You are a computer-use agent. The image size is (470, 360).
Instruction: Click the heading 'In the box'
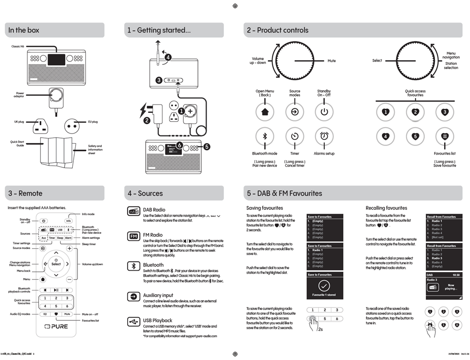24,30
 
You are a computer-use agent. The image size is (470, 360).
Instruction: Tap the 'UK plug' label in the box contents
19,122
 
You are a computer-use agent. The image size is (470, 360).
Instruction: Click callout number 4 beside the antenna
168,58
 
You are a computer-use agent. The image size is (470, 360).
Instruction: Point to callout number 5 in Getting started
207,146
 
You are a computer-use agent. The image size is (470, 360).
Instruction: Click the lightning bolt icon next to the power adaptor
144,110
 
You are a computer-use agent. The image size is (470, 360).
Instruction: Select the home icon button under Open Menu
264,111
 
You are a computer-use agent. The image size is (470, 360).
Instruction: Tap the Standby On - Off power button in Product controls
324,111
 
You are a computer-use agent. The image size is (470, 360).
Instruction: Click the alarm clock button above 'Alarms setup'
324,136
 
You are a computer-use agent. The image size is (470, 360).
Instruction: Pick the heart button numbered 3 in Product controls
444,111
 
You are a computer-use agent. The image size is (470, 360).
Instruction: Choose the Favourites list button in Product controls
444,136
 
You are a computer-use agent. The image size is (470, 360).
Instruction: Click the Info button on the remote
68,221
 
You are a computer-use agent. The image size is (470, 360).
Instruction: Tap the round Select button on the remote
56,264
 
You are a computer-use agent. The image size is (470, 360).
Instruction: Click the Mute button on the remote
67,314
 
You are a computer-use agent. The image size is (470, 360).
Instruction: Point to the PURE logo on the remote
56,326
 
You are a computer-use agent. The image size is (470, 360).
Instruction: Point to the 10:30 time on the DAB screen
456,274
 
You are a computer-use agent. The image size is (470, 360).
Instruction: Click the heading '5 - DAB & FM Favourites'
284,193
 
